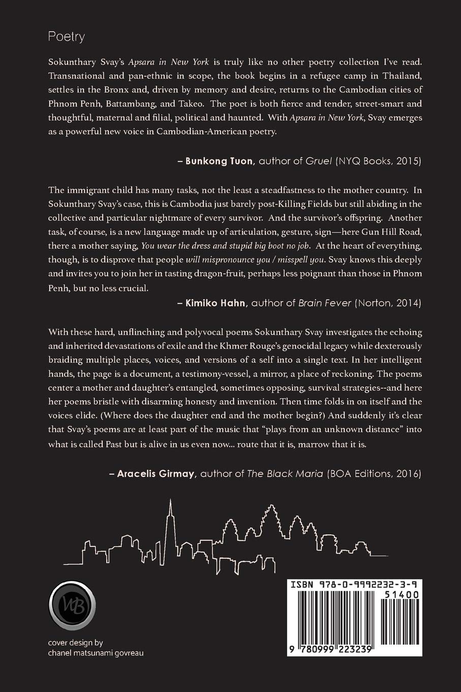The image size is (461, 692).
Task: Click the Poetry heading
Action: click(x=66, y=37)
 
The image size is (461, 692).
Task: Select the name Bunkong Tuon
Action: click(x=219, y=161)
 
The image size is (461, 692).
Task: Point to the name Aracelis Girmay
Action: click(x=156, y=474)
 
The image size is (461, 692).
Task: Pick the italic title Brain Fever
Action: click(x=324, y=303)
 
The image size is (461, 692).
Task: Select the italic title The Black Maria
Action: click(x=285, y=474)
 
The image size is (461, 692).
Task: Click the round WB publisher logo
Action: click(x=72, y=605)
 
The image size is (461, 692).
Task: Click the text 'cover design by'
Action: click(x=75, y=643)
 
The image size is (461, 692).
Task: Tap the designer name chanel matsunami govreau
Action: click(x=96, y=653)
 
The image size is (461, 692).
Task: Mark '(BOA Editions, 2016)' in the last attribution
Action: click(x=374, y=474)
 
